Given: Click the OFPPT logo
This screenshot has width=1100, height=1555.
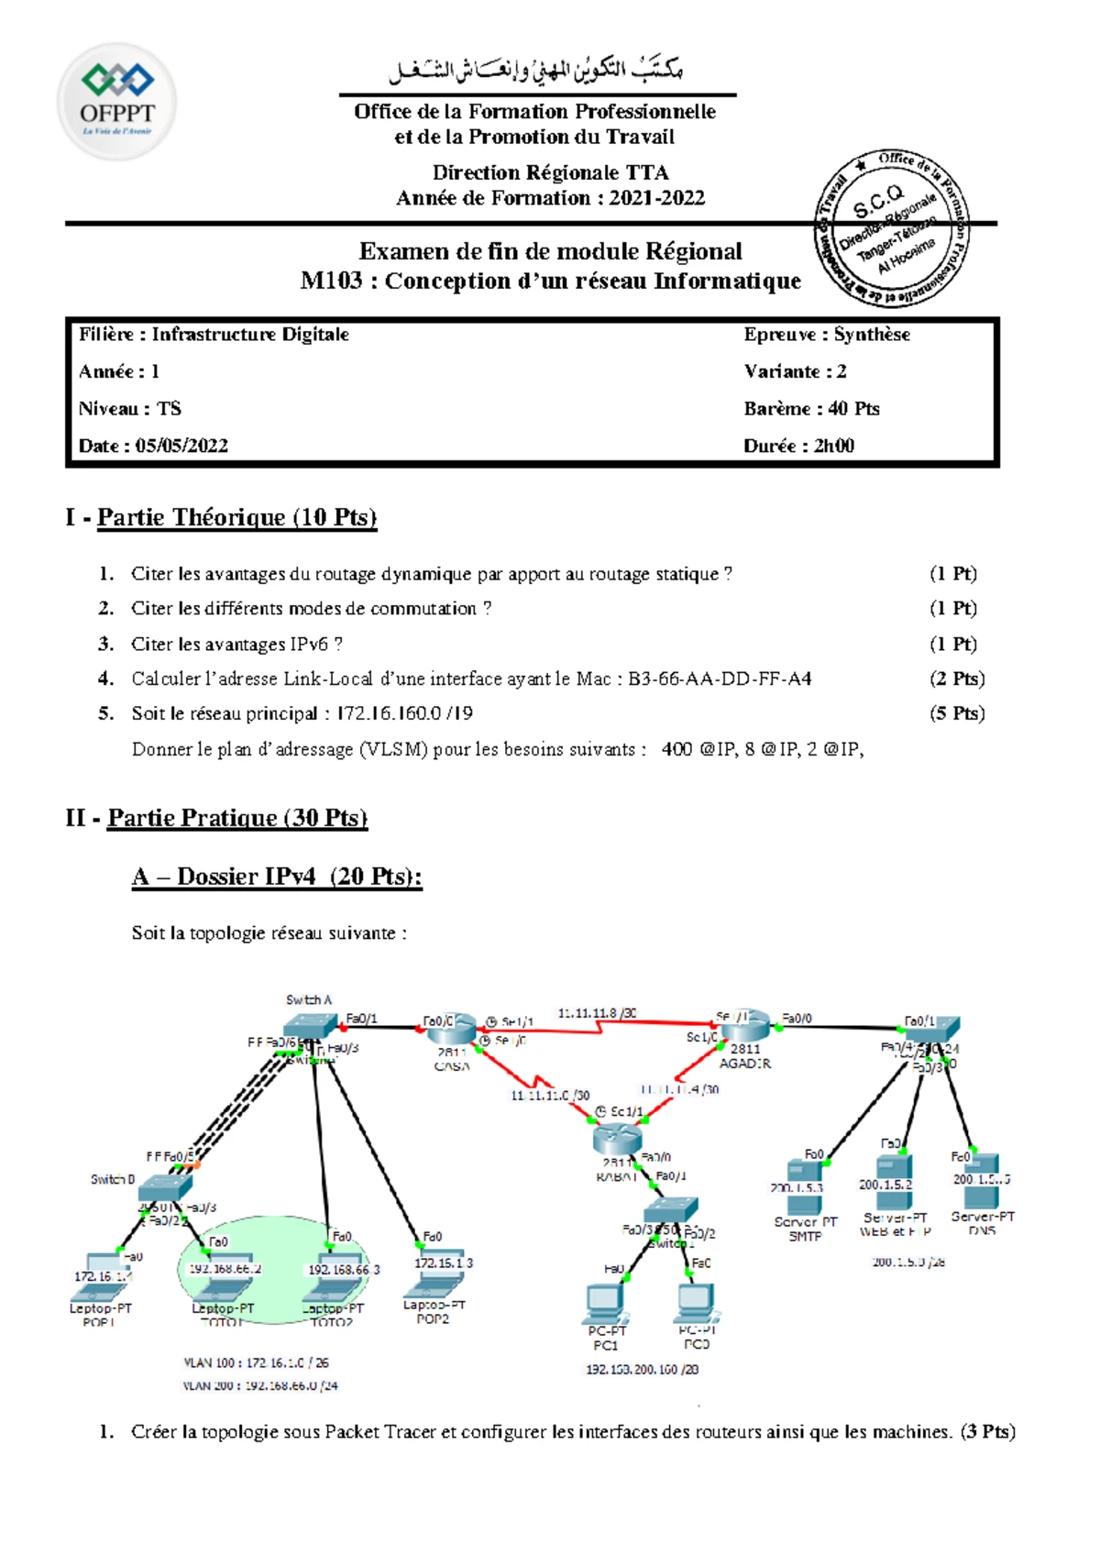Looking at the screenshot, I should pos(116,101).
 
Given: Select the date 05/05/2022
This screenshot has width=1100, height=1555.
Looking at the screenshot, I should pos(181,446).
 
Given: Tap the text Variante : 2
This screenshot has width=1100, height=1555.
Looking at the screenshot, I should pos(795,371).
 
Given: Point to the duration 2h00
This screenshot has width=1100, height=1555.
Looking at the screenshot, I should pos(833,446).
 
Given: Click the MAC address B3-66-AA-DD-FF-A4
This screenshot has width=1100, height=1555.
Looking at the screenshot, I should pos(720,678).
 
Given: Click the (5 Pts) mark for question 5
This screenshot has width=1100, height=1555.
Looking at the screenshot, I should pos(956,713).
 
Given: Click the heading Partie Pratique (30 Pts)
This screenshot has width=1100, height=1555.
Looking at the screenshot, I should pos(237,818).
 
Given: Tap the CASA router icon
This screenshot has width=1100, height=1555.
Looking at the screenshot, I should pos(452,1030).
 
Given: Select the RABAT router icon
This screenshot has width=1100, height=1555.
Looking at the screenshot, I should pos(615,1139).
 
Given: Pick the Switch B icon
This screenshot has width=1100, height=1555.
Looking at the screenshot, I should pos(165,1187).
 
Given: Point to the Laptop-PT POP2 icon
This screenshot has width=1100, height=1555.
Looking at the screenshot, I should pos(436,1273).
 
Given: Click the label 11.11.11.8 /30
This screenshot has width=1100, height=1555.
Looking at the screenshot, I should pos(598,1013).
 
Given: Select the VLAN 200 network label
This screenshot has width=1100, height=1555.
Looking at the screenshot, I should pos(260,1385).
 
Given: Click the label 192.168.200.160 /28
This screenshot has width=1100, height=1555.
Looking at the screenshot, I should pos(642,1369).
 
